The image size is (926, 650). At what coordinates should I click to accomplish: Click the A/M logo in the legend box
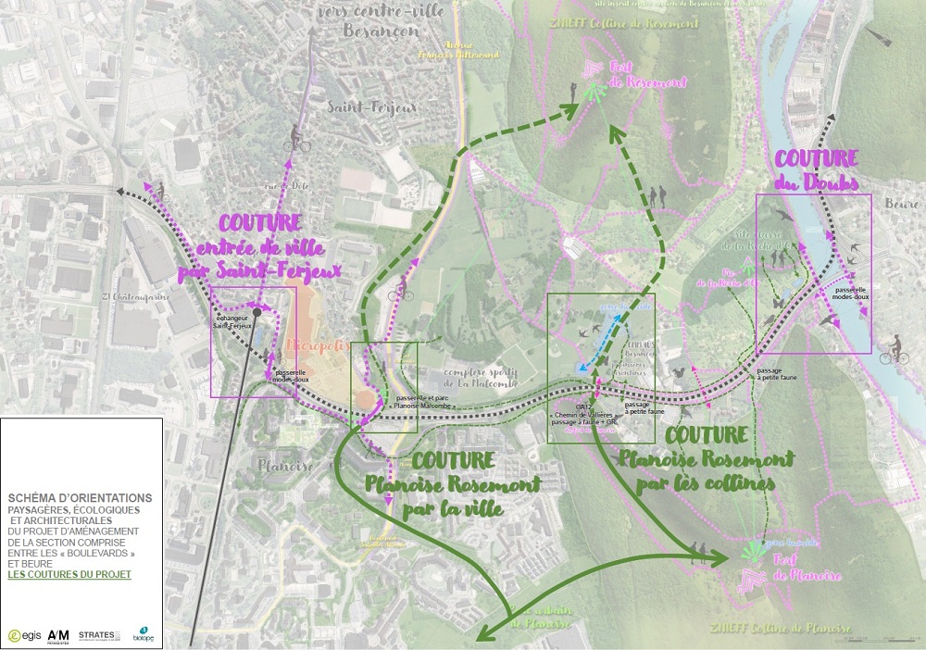pyautogui.click(x=59, y=634)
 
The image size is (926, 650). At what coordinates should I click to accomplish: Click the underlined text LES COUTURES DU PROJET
pyautogui.click(x=69, y=575)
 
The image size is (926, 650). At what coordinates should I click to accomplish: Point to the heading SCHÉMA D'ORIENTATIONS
pyautogui.click(x=80, y=498)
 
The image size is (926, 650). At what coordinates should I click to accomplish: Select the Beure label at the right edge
pyautogui.click(x=907, y=203)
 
